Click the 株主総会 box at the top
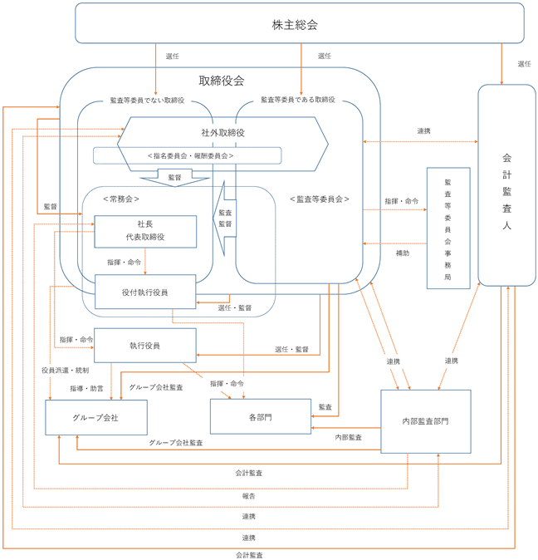(x=300, y=23)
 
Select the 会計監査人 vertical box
(x=506, y=185)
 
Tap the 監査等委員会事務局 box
(x=448, y=228)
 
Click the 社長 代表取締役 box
(x=145, y=232)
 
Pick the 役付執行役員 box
(x=145, y=292)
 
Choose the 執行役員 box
(x=144, y=346)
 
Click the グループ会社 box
(x=96, y=417)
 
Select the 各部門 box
(x=261, y=416)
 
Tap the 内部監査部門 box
(x=426, y=421)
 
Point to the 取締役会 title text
(x=222, y=81)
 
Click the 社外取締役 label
(x=223, y=133)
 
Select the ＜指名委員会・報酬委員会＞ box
(x=188, y=155)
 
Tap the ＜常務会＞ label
(x=121, y=199)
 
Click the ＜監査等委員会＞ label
(x=320, y=199)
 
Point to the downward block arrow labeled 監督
(x=175, y=178)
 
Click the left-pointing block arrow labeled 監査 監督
(x=225, y=219)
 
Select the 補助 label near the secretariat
(x=403, y=253)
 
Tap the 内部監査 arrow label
(x=348, y=437)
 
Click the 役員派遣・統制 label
(x=66, y=371)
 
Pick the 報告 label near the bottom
(x=249, y=496)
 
